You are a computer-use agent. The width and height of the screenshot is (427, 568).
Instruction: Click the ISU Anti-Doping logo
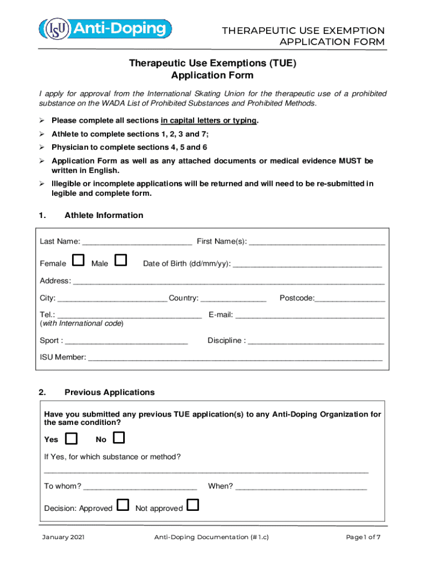click(105, 28)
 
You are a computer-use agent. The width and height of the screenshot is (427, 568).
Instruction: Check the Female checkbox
click(79, 260)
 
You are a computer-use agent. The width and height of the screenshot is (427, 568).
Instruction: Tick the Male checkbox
click(120, 260)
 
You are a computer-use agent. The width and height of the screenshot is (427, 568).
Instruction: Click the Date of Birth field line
click(307, 265)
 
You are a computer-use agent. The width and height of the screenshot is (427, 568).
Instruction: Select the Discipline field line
click(316, 342)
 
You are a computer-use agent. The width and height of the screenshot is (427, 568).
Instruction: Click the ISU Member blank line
click(235, 358)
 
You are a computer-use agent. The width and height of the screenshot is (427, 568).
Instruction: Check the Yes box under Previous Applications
click(72, 439)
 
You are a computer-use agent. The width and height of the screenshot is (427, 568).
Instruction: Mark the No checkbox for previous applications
click(119, 439)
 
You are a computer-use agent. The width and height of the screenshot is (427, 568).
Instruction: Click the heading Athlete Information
click(104, 215)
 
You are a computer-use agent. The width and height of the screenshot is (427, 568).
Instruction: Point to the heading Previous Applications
click(109, 392)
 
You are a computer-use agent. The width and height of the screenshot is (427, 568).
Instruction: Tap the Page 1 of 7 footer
click(363, 537)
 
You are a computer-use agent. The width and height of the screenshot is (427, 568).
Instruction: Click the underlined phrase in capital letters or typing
click(209, 120)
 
